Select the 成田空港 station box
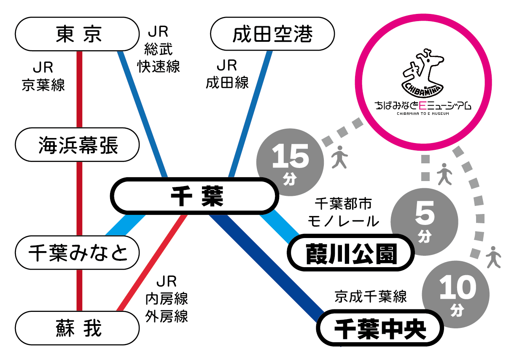click(x=272, y=34)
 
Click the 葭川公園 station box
click(x=350, y=253)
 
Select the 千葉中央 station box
click(x=379, y=328)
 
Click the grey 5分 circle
click(x=424, y=222)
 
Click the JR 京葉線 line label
click(x=44, y=77)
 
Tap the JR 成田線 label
click(x=227, y=74)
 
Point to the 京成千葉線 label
click(x=371, y=296)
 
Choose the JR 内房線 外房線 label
click(x=167, y=298)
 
